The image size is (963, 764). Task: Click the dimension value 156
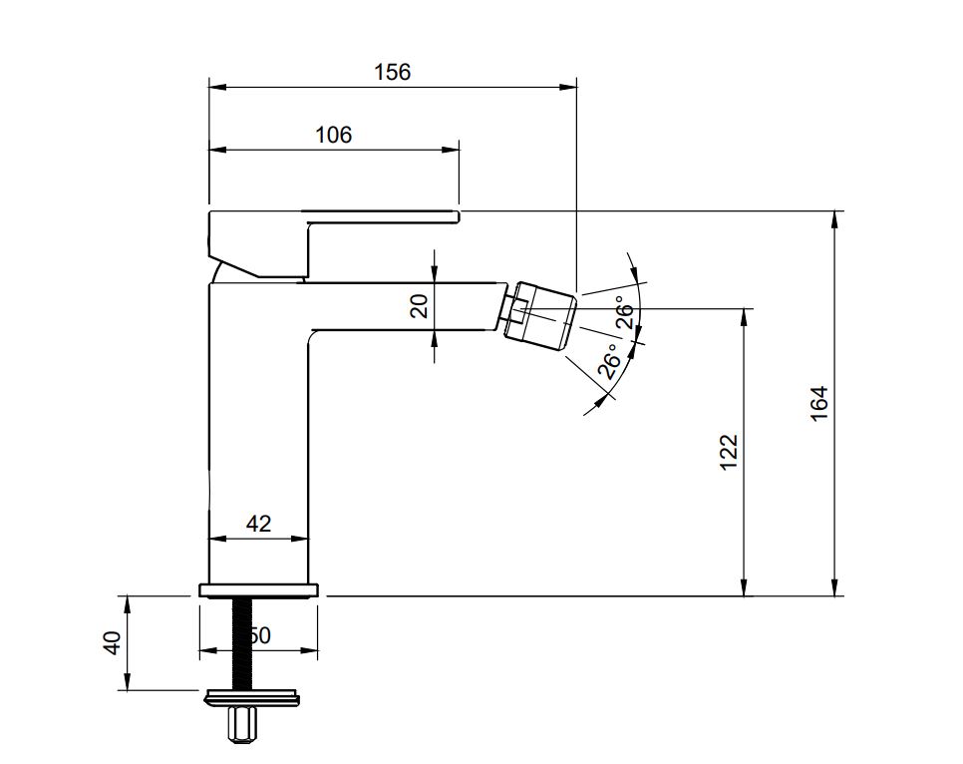[x=392, y=72]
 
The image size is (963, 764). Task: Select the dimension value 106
[x=334, y=135]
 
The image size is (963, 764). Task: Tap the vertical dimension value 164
[x=819, y=403]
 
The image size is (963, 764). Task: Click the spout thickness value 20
[x=420, y=305]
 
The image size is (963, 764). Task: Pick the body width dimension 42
[x=258, y=524]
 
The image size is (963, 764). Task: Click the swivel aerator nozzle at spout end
[x=543, y=314]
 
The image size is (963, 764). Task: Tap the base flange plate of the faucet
[x=260, y=589]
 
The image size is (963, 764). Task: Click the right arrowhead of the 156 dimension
[x=570, y=87]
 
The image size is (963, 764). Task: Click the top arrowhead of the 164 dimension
[x=834, y=218]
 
